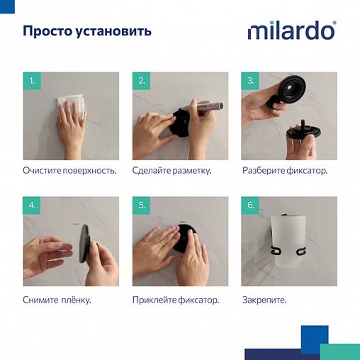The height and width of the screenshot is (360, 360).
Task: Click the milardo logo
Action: click(x=291, y=32)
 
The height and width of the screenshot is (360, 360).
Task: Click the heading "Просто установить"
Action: click(x=86, y=32)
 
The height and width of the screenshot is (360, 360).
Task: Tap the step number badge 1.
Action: click(x=31, y=81)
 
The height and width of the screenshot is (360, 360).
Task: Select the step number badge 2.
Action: click(x=141, y=81)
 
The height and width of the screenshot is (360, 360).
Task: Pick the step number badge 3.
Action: click(x=250, y=81)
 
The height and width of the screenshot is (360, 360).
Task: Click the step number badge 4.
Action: click(x=31, y=206)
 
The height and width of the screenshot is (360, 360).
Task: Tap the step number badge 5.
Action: click(x=141, y=206)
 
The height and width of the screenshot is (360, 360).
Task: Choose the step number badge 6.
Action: click(x=250, y=206)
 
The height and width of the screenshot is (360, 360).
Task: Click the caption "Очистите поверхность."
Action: click(x=69, y=171)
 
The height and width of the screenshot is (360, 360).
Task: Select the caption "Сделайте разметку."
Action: click(x=171, y=171)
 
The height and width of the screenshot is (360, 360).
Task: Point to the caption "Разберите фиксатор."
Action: click(x=285, y=171)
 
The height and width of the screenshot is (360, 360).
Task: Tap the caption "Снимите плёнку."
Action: click(x=57, y=300)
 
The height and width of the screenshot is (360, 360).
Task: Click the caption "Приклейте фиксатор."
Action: click(x=176, y=300)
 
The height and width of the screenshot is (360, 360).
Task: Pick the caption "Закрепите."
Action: click(x=264, y=300)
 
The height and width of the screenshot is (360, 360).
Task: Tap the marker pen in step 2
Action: click(x=207, y=108)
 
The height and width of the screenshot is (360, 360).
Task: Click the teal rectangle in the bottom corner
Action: click(x=339, y=351)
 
